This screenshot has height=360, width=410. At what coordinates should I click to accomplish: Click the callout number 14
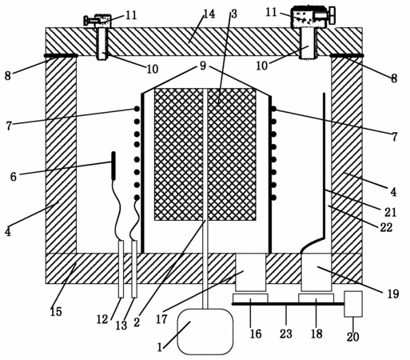(x=209, y=14)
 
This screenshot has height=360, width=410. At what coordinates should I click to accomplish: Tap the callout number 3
(x=234, y=14)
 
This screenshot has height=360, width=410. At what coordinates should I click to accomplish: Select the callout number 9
(x=203, y=66)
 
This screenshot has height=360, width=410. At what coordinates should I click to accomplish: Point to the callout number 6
(x=14, y=177)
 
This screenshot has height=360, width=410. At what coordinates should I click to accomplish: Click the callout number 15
(x=56, y=311)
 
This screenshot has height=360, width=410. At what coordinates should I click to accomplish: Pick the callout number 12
(x=102, y=319)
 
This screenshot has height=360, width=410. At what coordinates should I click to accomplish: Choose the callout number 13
(x=121, y=326)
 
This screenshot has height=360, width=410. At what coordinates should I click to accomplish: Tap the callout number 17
(x=161, y=319)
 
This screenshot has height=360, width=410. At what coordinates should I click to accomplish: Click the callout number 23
(x=286, y=334)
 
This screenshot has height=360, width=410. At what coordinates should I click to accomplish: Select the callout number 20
(x=353, y=337)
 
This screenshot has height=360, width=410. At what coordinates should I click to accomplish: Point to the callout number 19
(x=393, y=294)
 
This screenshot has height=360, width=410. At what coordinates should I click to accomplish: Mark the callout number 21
(x=391, y=212)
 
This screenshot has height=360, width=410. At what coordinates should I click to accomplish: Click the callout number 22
(x=386, y=227)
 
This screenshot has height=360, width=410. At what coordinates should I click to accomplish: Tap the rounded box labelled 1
(x=205, y=331)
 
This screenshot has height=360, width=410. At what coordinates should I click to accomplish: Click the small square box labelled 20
(x=353, y=304)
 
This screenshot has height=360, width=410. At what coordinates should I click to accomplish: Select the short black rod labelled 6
(x=113, y=165)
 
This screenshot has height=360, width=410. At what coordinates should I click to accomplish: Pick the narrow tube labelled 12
(x=121, y=269)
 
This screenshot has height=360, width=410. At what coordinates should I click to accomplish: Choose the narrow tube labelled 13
(x=134, y=269)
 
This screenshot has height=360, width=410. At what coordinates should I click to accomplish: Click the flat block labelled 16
(x=250, y=298)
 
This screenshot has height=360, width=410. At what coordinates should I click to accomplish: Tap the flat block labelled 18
(x=316, y=298)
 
